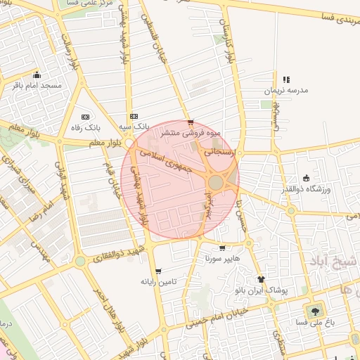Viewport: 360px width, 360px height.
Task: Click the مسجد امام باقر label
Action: [x=37, y=85]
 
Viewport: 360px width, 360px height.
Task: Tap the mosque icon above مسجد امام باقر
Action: [x=37, y=75]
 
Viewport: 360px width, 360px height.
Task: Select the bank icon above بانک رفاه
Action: [x=86, y=117]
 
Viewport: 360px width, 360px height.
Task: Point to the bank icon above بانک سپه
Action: [x=134, y=117]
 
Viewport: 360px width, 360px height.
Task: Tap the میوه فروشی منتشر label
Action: [x=191, y=132]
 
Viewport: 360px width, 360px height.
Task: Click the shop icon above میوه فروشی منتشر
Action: [x=191, y=122]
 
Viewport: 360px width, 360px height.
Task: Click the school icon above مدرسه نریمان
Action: [x=285, y=80]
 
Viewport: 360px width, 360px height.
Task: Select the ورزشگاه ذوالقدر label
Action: [x=306, y=188]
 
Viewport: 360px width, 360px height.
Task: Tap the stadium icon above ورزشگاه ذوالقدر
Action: [x=306, y=178]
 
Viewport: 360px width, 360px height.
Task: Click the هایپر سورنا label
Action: [x=222, y=259]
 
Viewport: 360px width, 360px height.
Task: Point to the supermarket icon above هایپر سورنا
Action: [x=222, y=248]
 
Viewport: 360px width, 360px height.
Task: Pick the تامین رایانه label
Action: [x=157, y=281]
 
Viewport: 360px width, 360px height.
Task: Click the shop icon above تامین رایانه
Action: [x=157, y=271]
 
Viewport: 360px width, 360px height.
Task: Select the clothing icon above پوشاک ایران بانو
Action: [x=261, y=279]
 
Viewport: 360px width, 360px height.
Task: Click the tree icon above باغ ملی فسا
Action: [x=314, y=309]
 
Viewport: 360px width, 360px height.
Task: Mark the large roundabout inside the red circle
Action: [x=216, y=183]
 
